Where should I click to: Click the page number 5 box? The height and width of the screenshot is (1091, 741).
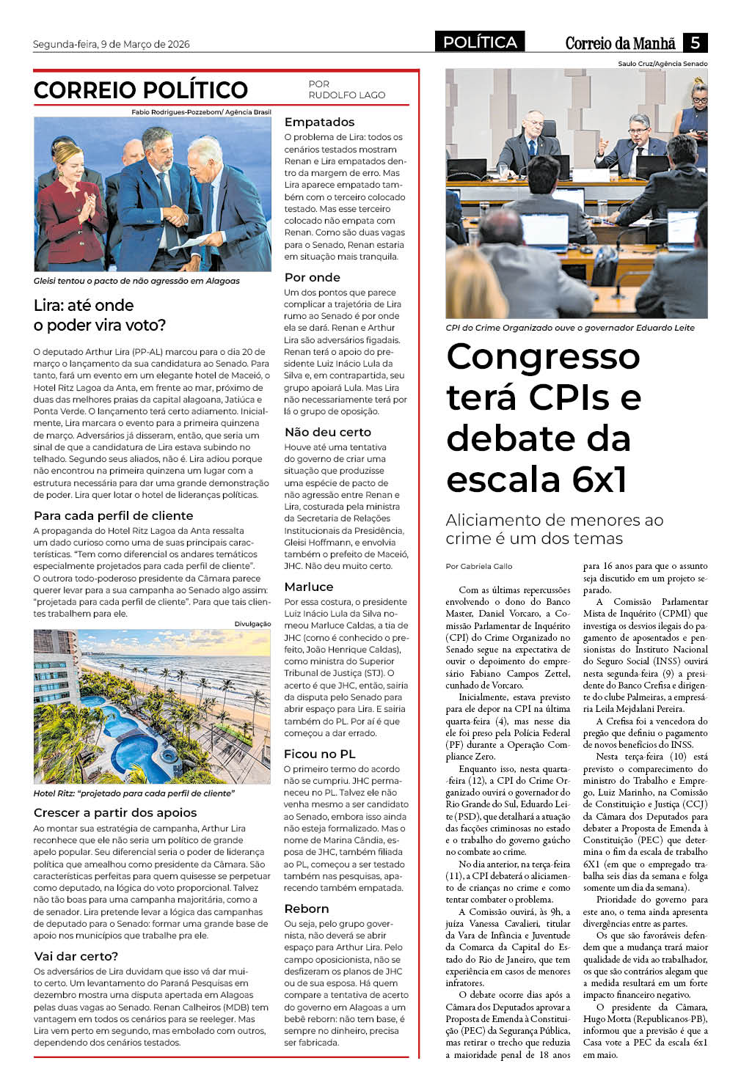(x=694, y=43)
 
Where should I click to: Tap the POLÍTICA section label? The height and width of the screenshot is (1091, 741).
(x=480, y=43)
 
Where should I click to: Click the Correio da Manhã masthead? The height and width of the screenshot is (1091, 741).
(x=620, y=43)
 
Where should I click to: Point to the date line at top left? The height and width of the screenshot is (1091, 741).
(x=111, y=45)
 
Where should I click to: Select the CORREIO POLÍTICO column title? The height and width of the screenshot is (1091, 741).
(x=141, y=90)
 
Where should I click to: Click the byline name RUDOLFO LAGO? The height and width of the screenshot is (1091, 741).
(x=346, y=95)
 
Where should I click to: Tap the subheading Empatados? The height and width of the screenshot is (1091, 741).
(x=319, y=122)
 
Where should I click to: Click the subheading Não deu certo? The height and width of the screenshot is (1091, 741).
(x=327, y=432)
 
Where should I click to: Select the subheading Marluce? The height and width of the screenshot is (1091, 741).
(x=309, y=587)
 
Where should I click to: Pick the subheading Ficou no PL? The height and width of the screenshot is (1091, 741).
(x=320, y=754)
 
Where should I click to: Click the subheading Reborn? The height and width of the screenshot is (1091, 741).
(x=307, y=908)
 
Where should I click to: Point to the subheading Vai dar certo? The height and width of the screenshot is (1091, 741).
(x=76, y=956)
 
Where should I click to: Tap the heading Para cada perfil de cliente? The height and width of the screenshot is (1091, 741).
(x=113, y=515)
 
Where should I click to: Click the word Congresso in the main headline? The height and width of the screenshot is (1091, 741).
(x=543, y=357)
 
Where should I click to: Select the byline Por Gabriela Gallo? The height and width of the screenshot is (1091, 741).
(x=479, y=566)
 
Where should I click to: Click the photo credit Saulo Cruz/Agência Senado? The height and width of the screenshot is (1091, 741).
(x=662, y=64)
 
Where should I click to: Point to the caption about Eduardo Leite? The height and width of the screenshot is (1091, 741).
(x=569, y=328)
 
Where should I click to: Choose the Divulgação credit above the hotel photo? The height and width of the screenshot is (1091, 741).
(x=252, y=624)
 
